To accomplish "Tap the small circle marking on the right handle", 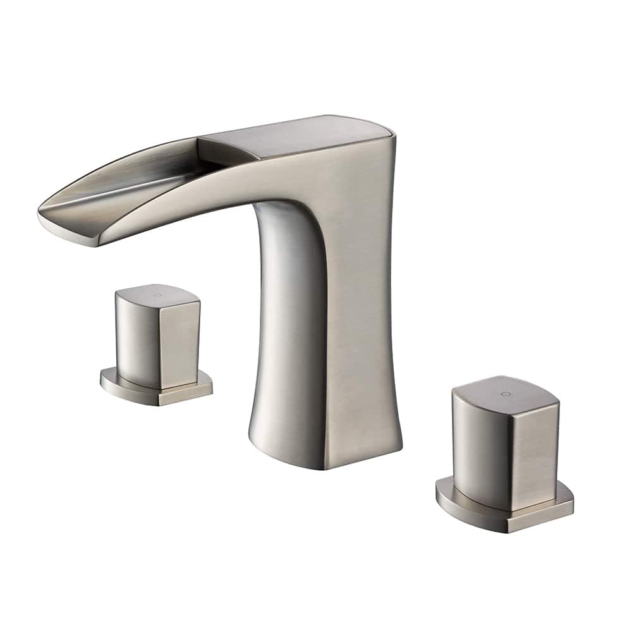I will (504, 394).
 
